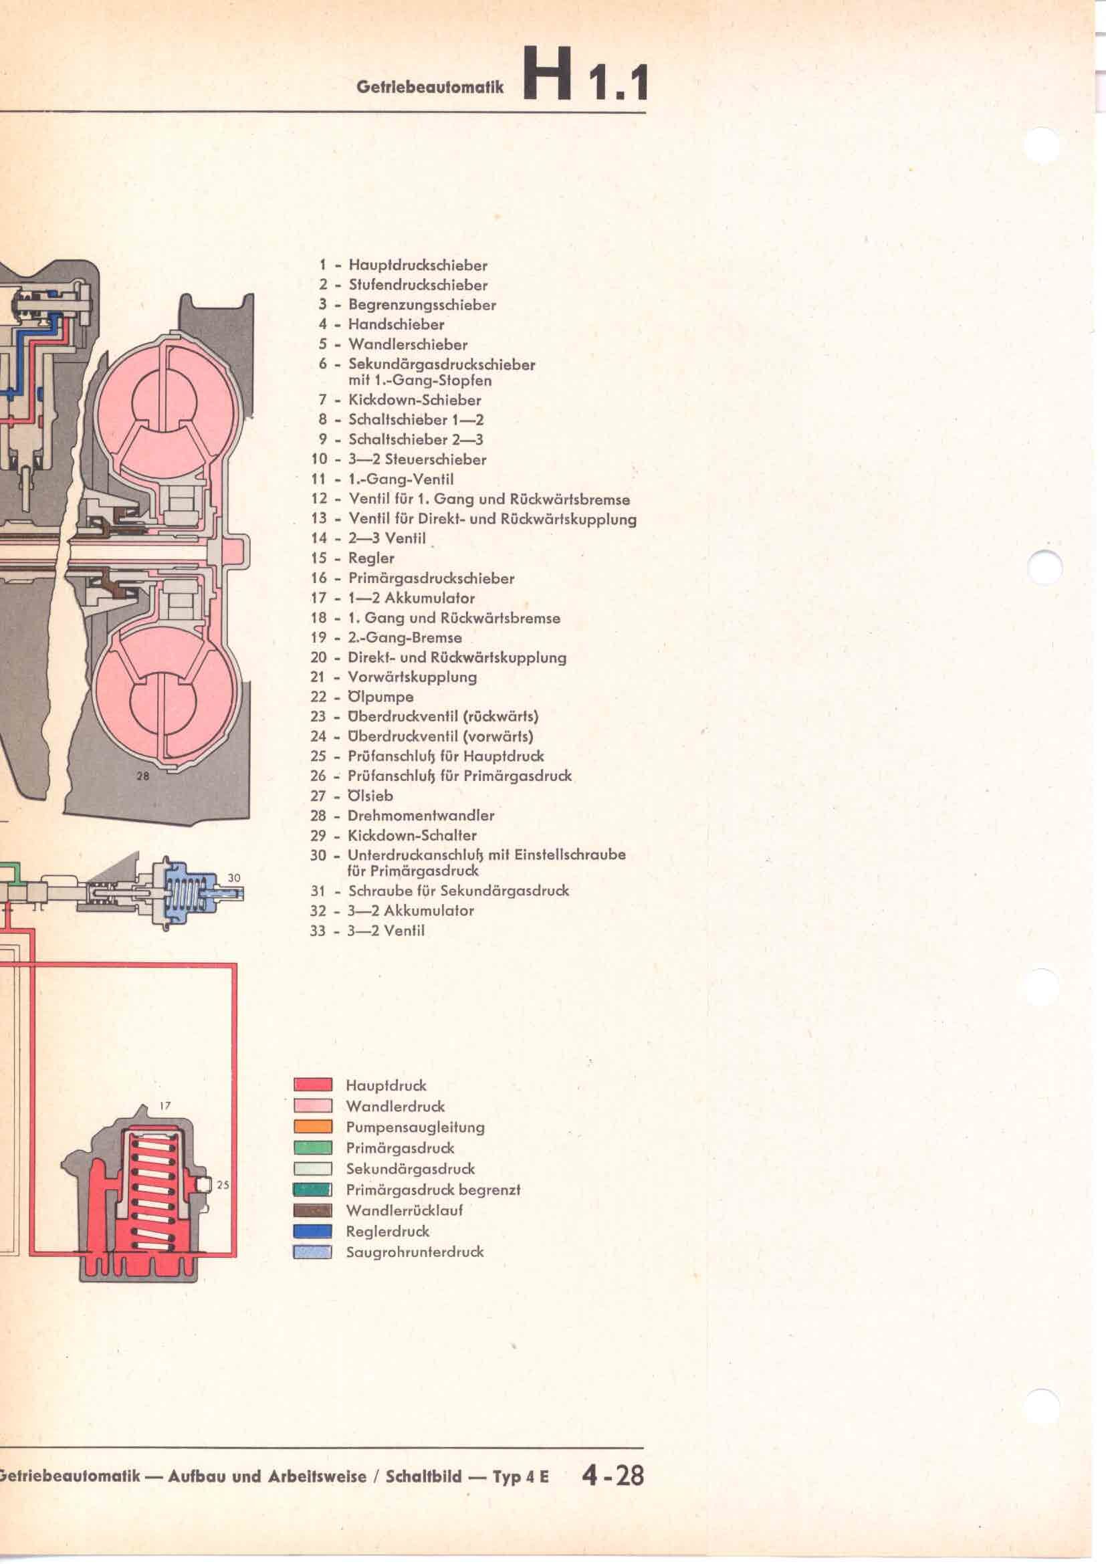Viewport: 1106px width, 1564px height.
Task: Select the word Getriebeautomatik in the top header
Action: (x=430, y=87)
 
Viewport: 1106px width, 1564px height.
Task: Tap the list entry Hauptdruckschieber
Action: (x=417, y=265)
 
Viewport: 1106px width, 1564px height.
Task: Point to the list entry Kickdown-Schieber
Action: (x=415, y=400)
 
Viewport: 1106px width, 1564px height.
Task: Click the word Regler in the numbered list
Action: (x=371, y=558)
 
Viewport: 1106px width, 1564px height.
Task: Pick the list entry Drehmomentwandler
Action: (x=421, y=815)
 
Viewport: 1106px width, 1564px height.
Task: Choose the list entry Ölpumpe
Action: (x=380, y=697)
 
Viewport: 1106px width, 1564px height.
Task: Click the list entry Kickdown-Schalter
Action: (x=412, y=835)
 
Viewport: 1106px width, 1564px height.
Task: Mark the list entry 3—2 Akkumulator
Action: (x=411, y=911)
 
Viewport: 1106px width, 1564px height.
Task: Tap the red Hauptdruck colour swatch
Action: (x=312, y=1085)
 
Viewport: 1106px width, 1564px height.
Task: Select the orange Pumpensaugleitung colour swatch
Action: (x=312, y=1127)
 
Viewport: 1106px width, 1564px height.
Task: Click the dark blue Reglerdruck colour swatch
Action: (x=312, y=1231)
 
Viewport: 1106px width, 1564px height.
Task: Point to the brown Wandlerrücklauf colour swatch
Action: (x=312, y=1210)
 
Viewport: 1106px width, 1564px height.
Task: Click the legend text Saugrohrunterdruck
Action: (x=415, y=1252)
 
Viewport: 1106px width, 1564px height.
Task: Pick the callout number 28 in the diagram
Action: (x=143, y=775)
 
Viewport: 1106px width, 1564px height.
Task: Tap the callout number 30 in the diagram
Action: (x=233, y=878)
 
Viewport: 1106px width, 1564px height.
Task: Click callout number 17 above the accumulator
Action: (x=164, y=1106)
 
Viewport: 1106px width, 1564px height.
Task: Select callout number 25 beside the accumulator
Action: (x=223, y=1186)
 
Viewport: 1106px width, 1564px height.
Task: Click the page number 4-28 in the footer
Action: (x=613, y=1476)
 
